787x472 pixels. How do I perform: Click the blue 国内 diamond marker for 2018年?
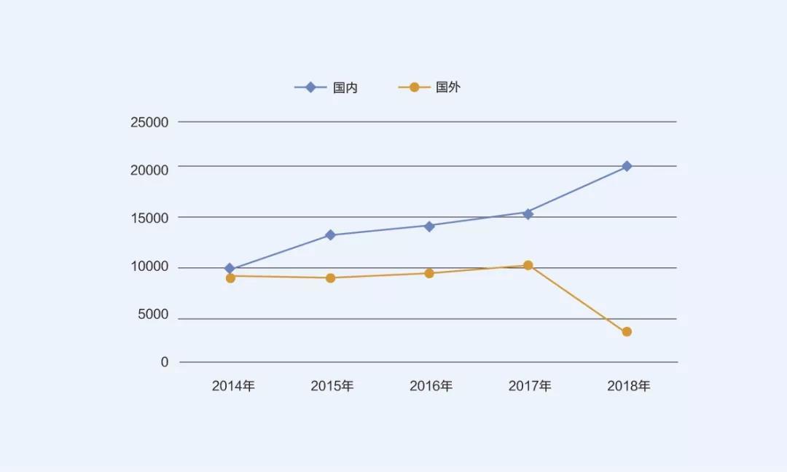coord(627,166)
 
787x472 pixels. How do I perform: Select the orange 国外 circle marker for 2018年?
coord(627,332)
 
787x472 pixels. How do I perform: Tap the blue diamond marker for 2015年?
coord(330,235)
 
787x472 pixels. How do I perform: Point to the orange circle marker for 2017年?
coord(528,265)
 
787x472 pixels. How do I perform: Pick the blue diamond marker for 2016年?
coord(429,226)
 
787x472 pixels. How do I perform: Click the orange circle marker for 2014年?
coord(230,278)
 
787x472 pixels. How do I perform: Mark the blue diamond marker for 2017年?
coord(528,213)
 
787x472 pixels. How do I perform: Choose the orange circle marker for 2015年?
coord(330,278)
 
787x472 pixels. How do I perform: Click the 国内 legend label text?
coord(345,87)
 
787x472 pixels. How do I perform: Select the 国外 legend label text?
coord(448,87)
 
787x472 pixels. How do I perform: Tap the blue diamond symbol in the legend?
coord(311,87)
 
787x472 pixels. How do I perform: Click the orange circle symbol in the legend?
coord(414,87)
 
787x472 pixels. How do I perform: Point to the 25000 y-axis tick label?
coord(149,122)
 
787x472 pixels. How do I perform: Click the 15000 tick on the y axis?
coord(149,218)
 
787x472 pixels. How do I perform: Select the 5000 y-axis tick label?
coord(153,315)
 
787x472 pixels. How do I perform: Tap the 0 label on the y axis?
coord(165,362)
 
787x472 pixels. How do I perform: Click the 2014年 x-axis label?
coord(233,386)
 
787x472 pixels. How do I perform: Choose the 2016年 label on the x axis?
coord(431,386)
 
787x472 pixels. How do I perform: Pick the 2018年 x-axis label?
coord(629,386)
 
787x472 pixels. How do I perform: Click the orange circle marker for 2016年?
coord(429,273)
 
